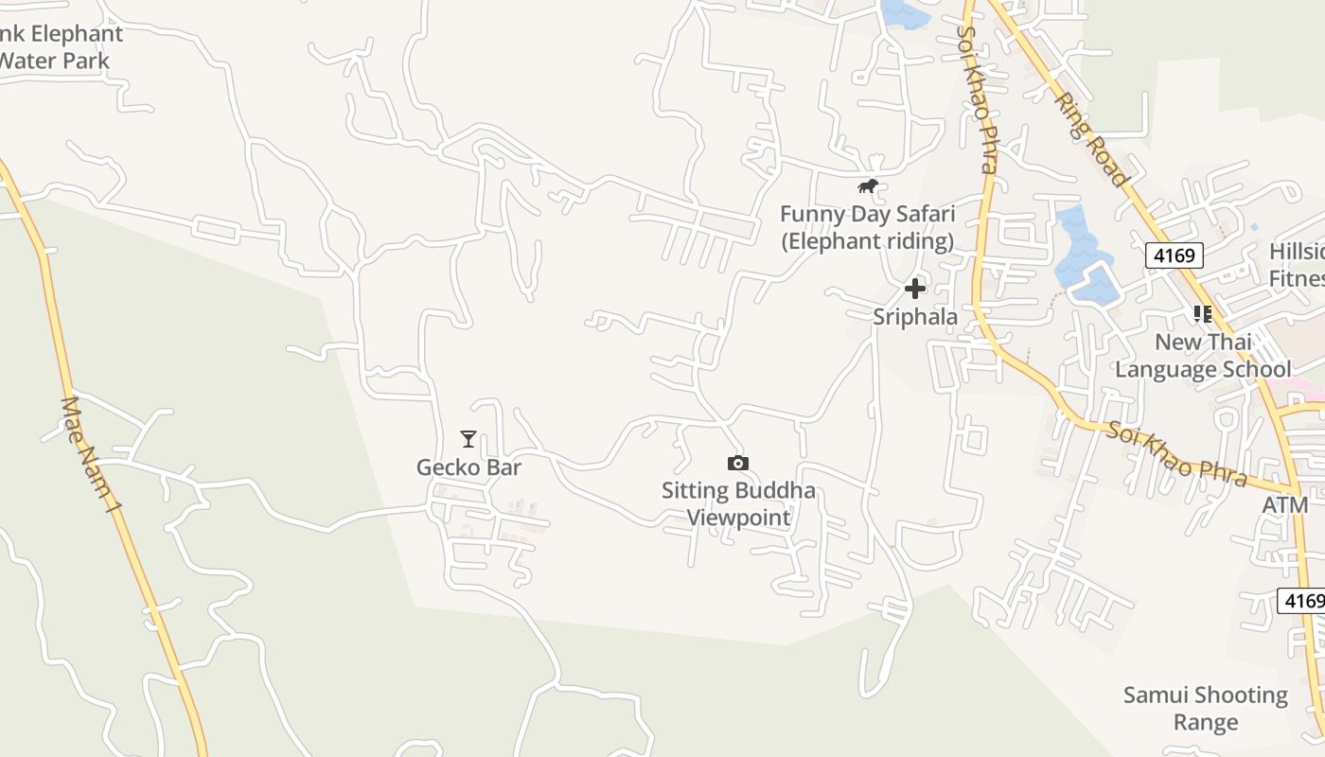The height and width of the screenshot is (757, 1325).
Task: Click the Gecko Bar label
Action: click(468, 467)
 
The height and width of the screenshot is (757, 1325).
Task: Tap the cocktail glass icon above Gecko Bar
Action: click(468, 439)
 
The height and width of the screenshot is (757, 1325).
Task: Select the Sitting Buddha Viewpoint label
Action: click(738, 503)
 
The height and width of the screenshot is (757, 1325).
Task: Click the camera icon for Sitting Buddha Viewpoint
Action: click(738, 463)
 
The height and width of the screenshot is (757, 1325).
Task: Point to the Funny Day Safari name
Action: click(867, 214)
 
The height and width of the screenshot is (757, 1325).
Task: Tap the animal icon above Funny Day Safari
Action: click(868, 186)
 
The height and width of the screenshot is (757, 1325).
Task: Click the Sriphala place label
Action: click(915, 317)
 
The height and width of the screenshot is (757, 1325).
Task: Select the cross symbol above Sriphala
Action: click(915, 289)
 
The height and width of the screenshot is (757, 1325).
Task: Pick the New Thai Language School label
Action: click(1203, 355)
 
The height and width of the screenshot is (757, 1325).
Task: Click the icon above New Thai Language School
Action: click(1203, 313)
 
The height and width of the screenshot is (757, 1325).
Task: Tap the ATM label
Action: click(1284, 505)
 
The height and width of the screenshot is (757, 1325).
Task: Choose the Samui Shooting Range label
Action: click(1206, 709)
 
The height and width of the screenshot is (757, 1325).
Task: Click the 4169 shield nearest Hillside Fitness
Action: click(1175, 255)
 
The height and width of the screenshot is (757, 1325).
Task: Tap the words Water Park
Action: click(55, 61)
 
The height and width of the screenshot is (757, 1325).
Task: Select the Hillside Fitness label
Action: click(1297, 265)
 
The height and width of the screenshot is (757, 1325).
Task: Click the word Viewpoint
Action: click(738, 518)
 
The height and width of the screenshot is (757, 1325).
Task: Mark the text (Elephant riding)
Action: click(867, 241)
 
